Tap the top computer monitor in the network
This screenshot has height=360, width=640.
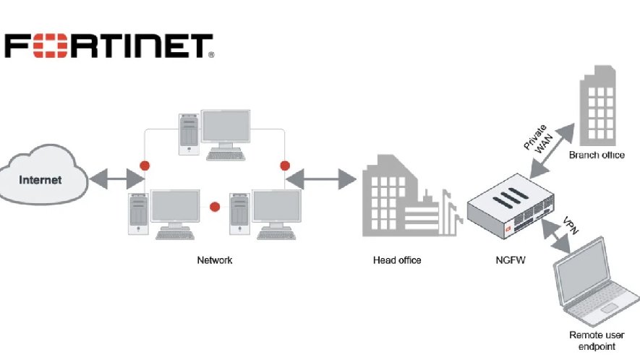point(225,129)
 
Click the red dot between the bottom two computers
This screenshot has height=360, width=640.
point(214,207)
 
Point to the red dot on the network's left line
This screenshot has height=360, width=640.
point(145,166)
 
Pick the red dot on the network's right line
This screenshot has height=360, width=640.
point(285,166)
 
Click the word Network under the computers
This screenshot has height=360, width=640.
point(215,260)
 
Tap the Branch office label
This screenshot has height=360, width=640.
point(597,155)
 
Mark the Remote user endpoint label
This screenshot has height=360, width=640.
point(597,340)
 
